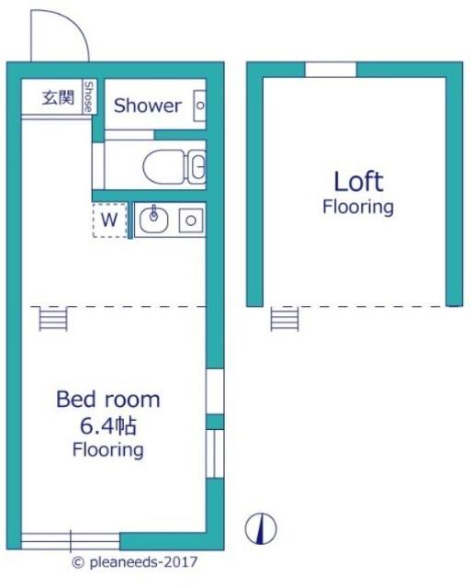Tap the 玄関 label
pos(58,97)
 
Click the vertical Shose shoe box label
pos(89,96)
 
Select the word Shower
pos(147,106)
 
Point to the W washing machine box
pos(110,220)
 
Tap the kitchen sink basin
pos(153,220)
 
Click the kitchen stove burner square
pos(191,220)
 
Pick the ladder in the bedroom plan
pos(53,319)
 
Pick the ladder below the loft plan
pos(285,319)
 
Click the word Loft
pos(358,182)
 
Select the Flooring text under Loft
pos(358,207)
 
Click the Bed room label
pos(108,400)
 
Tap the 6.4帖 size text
pos(108,426)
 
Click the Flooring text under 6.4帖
pos(108,450)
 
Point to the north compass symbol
pos(261,529)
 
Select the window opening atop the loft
pos(331,70)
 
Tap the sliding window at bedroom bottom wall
pos(71,541)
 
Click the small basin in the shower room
pos(200,106)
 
